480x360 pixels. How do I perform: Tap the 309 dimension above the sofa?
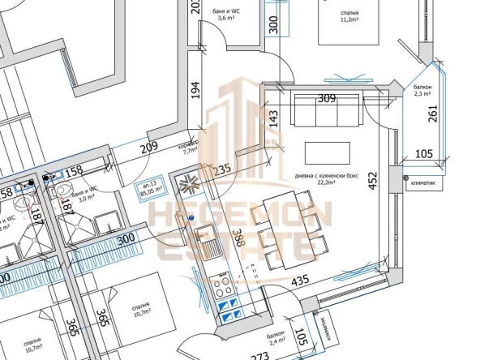pyautogui.click(x=326, y=99)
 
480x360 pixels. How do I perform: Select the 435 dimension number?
pyautogui.click(x=299, y=282)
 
